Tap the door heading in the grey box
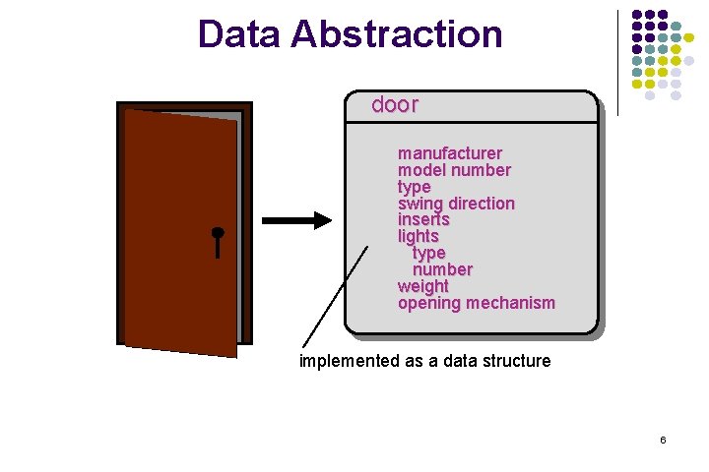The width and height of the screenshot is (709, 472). (395, 105)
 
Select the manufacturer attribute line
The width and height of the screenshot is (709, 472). (449, 153)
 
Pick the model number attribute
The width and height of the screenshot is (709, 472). (454, 170)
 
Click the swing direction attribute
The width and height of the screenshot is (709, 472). (456, 204)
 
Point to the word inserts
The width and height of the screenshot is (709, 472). (423, 219)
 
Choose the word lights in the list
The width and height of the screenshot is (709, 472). (418, 236)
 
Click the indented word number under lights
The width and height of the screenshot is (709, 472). (442, 269)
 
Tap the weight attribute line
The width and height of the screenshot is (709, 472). (422, 286)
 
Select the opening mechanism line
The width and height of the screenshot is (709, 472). (476, 303)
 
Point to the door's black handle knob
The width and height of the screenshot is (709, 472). (218, 233)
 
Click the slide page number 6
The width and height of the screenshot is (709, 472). (663, 440)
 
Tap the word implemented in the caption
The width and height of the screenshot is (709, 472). (350, 361)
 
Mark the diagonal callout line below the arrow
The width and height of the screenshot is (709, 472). (334, 295)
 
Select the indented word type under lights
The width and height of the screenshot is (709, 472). (428, 253)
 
